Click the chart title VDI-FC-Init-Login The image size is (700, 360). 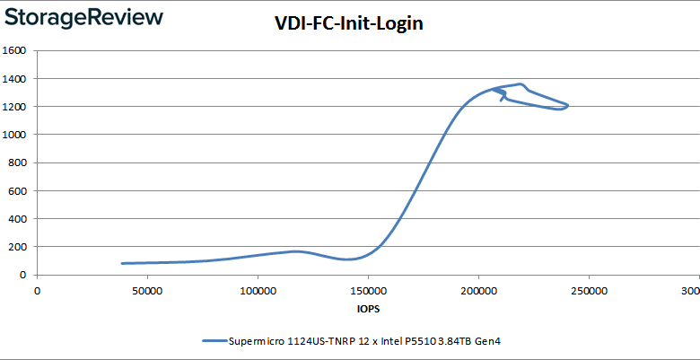tap(349, 24)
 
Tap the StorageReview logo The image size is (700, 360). tap(83, 17)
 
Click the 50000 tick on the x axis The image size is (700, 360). tap(147, 291)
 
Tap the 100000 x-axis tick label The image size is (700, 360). tap(258, 291)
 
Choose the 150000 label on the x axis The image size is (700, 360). tap(368, 291)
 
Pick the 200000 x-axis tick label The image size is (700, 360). tap(478, 291)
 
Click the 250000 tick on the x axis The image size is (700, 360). tap(589, 291)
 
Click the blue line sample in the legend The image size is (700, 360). tap(214, 341)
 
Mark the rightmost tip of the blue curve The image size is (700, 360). tap(568, 105)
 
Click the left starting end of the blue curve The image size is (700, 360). tap(122, 263)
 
